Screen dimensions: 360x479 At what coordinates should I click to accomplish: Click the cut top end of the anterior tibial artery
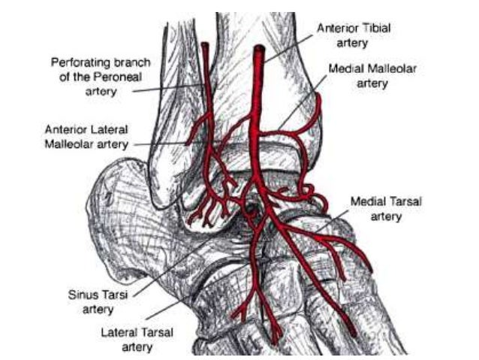click(x=258, y=52)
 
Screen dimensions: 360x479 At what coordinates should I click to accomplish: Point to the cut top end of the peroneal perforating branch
click(x=204, y=47)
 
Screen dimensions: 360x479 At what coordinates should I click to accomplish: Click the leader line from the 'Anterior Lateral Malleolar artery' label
click(x=158, y=142)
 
